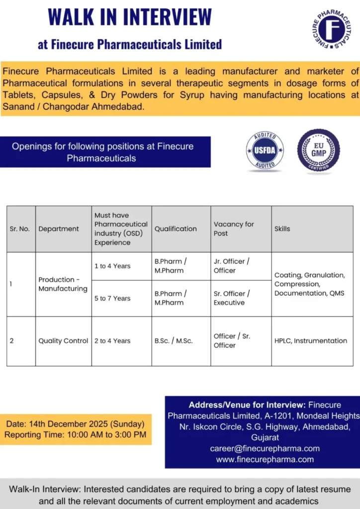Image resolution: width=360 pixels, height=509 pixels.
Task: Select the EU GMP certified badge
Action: click(x=319, y=151)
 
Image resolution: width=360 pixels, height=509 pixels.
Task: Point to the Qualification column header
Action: click(x=176, y=229)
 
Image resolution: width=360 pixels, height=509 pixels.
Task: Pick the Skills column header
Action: click(x=282, y=229)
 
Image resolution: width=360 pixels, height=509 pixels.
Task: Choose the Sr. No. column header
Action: click(x=20, y=229)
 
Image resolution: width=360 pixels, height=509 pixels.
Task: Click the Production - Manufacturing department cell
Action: click(x=63, y=284)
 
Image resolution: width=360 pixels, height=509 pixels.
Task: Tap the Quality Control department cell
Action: click(x=63, y=341)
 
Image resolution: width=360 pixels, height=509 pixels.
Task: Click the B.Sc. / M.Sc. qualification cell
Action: click(x=174, y=341)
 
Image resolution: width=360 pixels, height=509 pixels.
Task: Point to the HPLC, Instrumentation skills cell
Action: click(x=311, y=341)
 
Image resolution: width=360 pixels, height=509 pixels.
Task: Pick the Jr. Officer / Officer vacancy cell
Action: click(x=232, y=266)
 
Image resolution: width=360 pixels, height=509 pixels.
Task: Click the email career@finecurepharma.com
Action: click(x=265, y=448)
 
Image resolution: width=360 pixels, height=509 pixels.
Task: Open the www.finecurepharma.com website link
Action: click(x=265, y=459)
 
